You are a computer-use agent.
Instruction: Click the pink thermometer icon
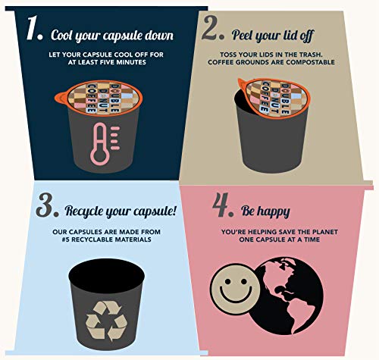pos(105,144)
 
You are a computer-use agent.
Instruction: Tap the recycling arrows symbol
pos(106,321)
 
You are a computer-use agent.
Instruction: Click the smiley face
pos(236,289)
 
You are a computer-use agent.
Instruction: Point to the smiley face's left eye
pos(227,281)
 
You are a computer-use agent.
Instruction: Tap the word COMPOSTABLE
pos(311,62)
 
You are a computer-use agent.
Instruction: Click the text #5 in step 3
pos(66,239)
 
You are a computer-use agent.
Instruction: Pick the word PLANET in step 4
pos(325,232)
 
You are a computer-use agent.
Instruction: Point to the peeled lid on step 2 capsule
pos(274,98)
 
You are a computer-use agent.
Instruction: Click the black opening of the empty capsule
pos(106,275)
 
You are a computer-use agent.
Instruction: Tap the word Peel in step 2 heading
pos(243,35)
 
